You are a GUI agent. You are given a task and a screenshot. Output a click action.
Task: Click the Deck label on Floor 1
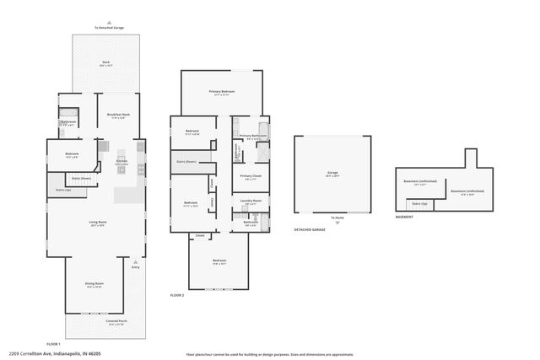point(107,62)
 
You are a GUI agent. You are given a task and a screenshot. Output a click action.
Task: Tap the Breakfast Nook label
point(118,116)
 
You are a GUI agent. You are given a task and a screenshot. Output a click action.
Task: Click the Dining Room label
point(94,285)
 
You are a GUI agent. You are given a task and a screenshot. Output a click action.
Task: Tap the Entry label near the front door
point(135,267)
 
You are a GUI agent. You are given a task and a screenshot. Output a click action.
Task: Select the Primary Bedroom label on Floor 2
point(222,92)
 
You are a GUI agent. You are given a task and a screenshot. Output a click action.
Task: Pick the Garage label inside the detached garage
point(332,174)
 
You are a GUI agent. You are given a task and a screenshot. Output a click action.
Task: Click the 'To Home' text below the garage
point(337,218)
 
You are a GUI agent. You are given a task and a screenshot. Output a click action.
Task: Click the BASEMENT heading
point(404,218)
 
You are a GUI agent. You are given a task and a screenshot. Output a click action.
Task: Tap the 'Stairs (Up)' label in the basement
point(418,203)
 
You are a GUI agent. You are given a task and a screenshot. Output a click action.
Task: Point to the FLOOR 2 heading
point(177,296)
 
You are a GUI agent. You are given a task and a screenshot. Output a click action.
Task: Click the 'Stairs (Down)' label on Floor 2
point(186,161)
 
